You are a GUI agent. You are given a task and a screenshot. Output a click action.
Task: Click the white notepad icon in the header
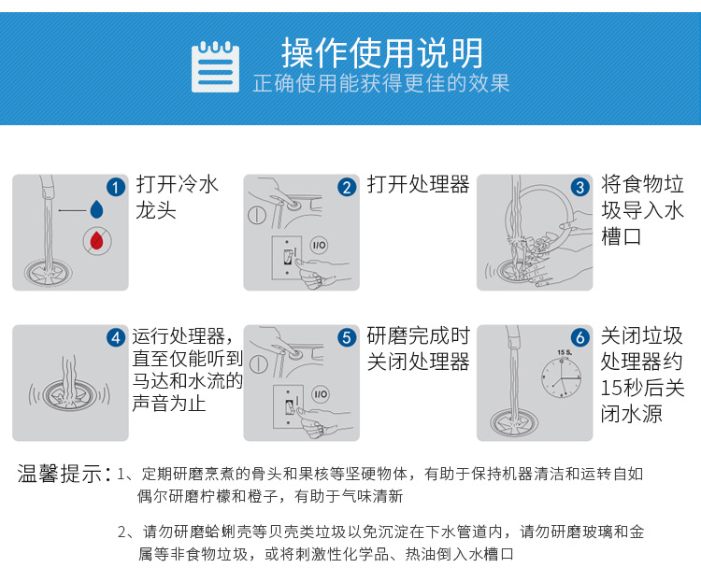click(215, 67)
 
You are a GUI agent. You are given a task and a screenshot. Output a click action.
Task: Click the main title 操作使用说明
click(382, 52)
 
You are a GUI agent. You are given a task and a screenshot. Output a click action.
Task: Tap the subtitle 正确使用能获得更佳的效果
click(381, 83)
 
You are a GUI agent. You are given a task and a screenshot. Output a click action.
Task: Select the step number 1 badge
click(115, 187)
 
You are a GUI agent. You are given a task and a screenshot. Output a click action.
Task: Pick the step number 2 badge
click(347, 187)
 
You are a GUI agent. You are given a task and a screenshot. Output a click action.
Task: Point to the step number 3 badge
click(579, 187)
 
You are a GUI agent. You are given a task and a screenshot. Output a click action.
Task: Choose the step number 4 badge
click(115, 337)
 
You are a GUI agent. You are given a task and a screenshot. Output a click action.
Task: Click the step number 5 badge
click(347, 337)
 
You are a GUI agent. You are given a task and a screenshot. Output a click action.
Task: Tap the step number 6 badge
click(579, 337)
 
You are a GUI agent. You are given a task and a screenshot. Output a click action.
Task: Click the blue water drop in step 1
click(96, 209)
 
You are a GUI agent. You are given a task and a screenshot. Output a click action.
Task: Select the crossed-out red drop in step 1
click(97, 240)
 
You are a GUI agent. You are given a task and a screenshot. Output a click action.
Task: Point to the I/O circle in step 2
click(319, 245)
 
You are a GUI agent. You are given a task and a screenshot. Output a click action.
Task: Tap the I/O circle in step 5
click(320, 394)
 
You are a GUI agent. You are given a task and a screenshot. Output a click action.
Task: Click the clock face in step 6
click(562, 377)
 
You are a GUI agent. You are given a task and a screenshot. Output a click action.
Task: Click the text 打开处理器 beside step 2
click(418, 184)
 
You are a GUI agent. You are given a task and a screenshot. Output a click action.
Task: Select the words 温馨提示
click(60, 474)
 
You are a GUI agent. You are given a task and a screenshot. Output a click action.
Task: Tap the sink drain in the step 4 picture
click(69, 394)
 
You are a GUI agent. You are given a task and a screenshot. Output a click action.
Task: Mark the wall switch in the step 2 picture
click(288, 258)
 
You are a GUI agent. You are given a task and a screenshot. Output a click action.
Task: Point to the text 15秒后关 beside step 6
click(642, 388)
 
